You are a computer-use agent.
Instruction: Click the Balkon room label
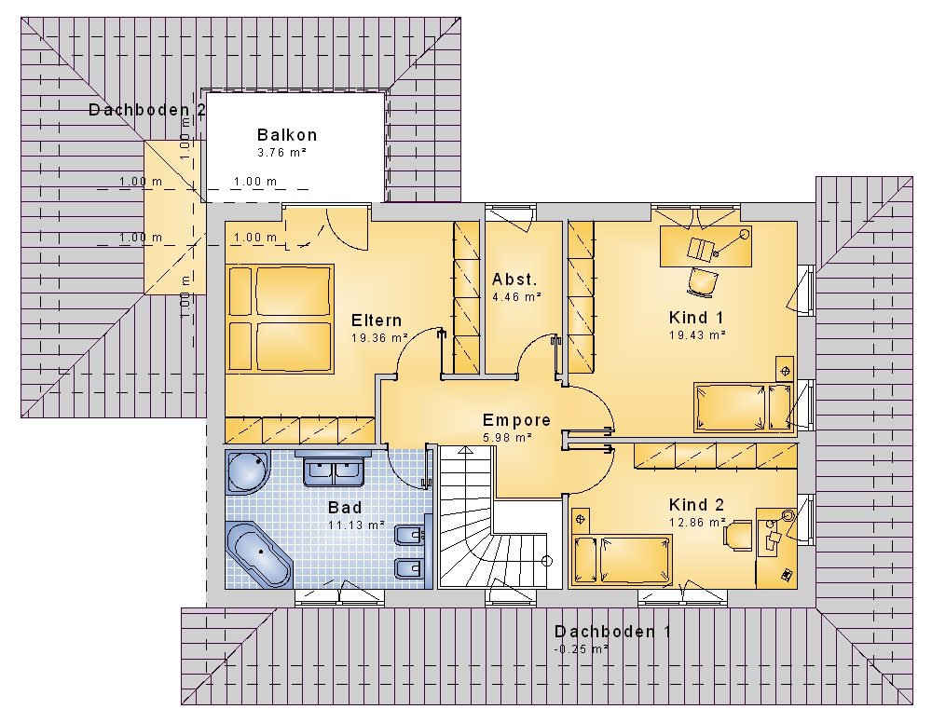(x=287, y=135)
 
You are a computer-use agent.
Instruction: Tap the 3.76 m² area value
(x=281, y=153)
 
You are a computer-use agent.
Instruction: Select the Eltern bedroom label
(x=377, y=321)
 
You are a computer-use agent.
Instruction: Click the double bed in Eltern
(x=279, y=319)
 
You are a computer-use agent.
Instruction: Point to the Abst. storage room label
(x=514, y=280)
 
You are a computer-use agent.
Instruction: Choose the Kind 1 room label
(x=696, y=317)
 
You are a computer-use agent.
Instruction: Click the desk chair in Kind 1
(x=702, y=281)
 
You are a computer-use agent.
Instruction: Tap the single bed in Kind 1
(x=744, y=407)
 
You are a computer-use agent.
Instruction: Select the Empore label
(x=516, y=420)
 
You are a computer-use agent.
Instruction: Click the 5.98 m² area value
(x=507, y=438)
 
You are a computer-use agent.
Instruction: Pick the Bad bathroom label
(x=345, y=508)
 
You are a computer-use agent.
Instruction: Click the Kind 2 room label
(x=696, y=505)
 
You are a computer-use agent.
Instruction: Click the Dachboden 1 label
(x=613, y=632)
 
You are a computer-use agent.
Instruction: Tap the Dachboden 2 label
(x=147, y=110)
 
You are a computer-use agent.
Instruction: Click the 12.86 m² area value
(x=696, y=523)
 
